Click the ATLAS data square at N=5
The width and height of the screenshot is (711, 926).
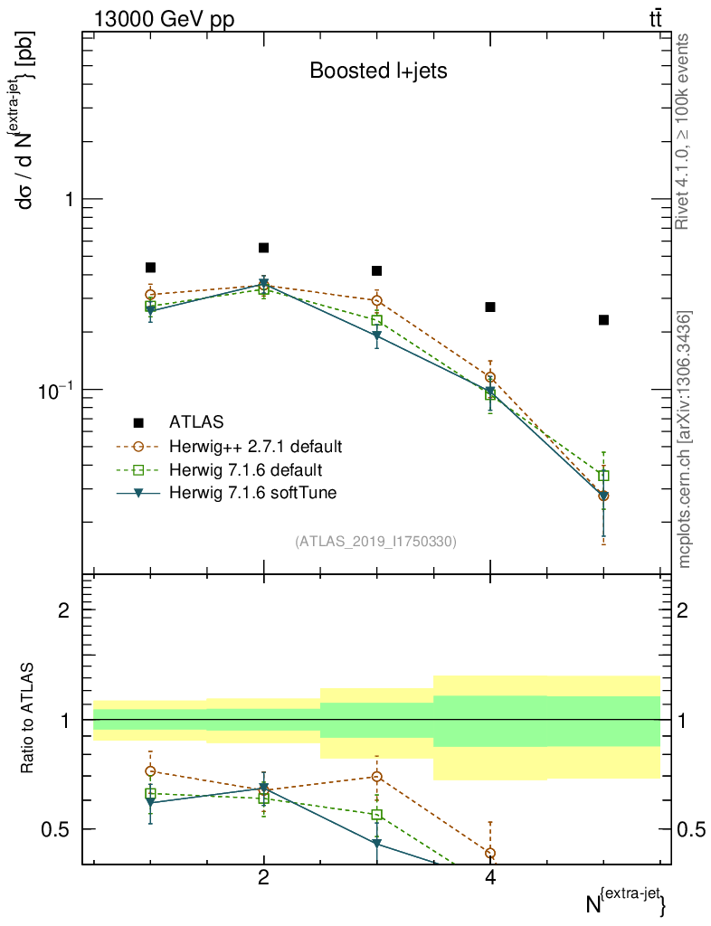(x=603, y=320)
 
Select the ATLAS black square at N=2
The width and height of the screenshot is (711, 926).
(x=264, y=248)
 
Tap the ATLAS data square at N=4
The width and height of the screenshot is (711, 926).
(x=490, y=307)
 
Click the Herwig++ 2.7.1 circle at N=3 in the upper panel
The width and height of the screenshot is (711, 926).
(x=377, y=300)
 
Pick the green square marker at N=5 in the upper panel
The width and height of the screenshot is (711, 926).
(x=603, y=476)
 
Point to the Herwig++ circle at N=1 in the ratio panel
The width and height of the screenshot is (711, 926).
(x=151, y=771)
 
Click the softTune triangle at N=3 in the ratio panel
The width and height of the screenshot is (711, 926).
(x=377, y=844)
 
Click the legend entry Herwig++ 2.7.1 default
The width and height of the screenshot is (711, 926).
(x=255, y=447)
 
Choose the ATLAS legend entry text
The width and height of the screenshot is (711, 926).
(x=196, y=422)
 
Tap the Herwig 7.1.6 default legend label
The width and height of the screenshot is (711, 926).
(x=246, y=470)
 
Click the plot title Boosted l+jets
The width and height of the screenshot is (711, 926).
(x=378, y=71)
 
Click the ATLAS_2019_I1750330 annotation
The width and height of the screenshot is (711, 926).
(x=375, y=542)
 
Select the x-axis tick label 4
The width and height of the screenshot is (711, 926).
(x=490, y=878)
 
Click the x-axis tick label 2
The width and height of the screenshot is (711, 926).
(x=263, y=878)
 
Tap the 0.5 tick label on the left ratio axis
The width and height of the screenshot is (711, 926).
(x=56, y=829)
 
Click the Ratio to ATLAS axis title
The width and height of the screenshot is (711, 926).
(x=28, y=718)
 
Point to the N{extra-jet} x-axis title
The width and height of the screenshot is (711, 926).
(x=625, y=902)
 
